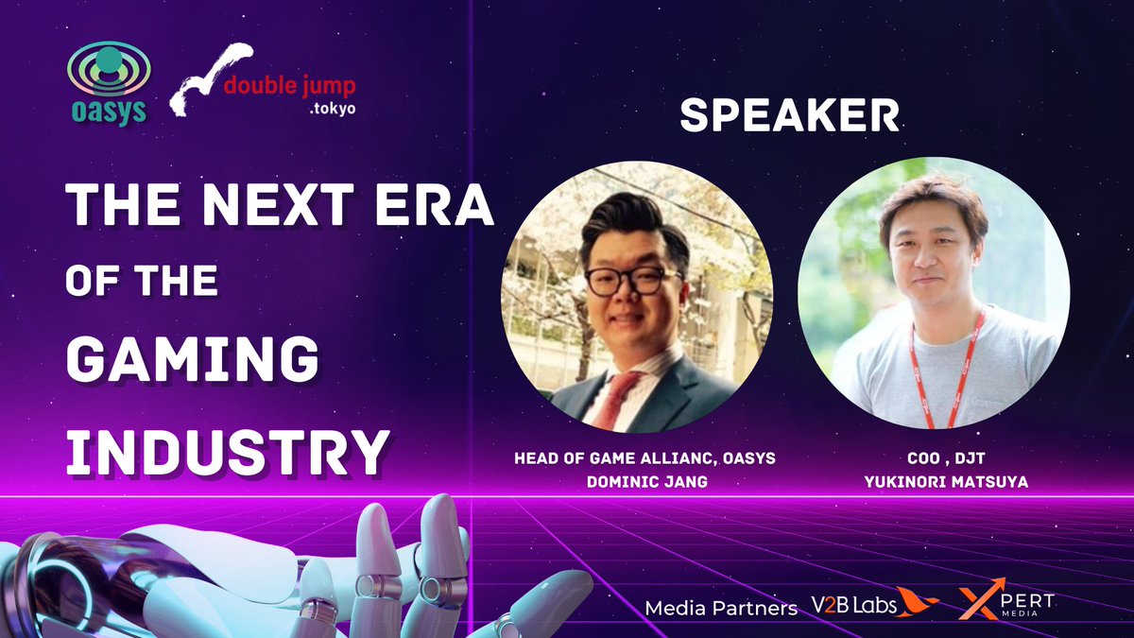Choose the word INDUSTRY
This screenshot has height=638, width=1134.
[x=227, y=452]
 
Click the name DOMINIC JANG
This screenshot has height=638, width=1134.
[x=636, y=481]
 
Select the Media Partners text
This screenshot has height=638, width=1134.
[x=721, y=608]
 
